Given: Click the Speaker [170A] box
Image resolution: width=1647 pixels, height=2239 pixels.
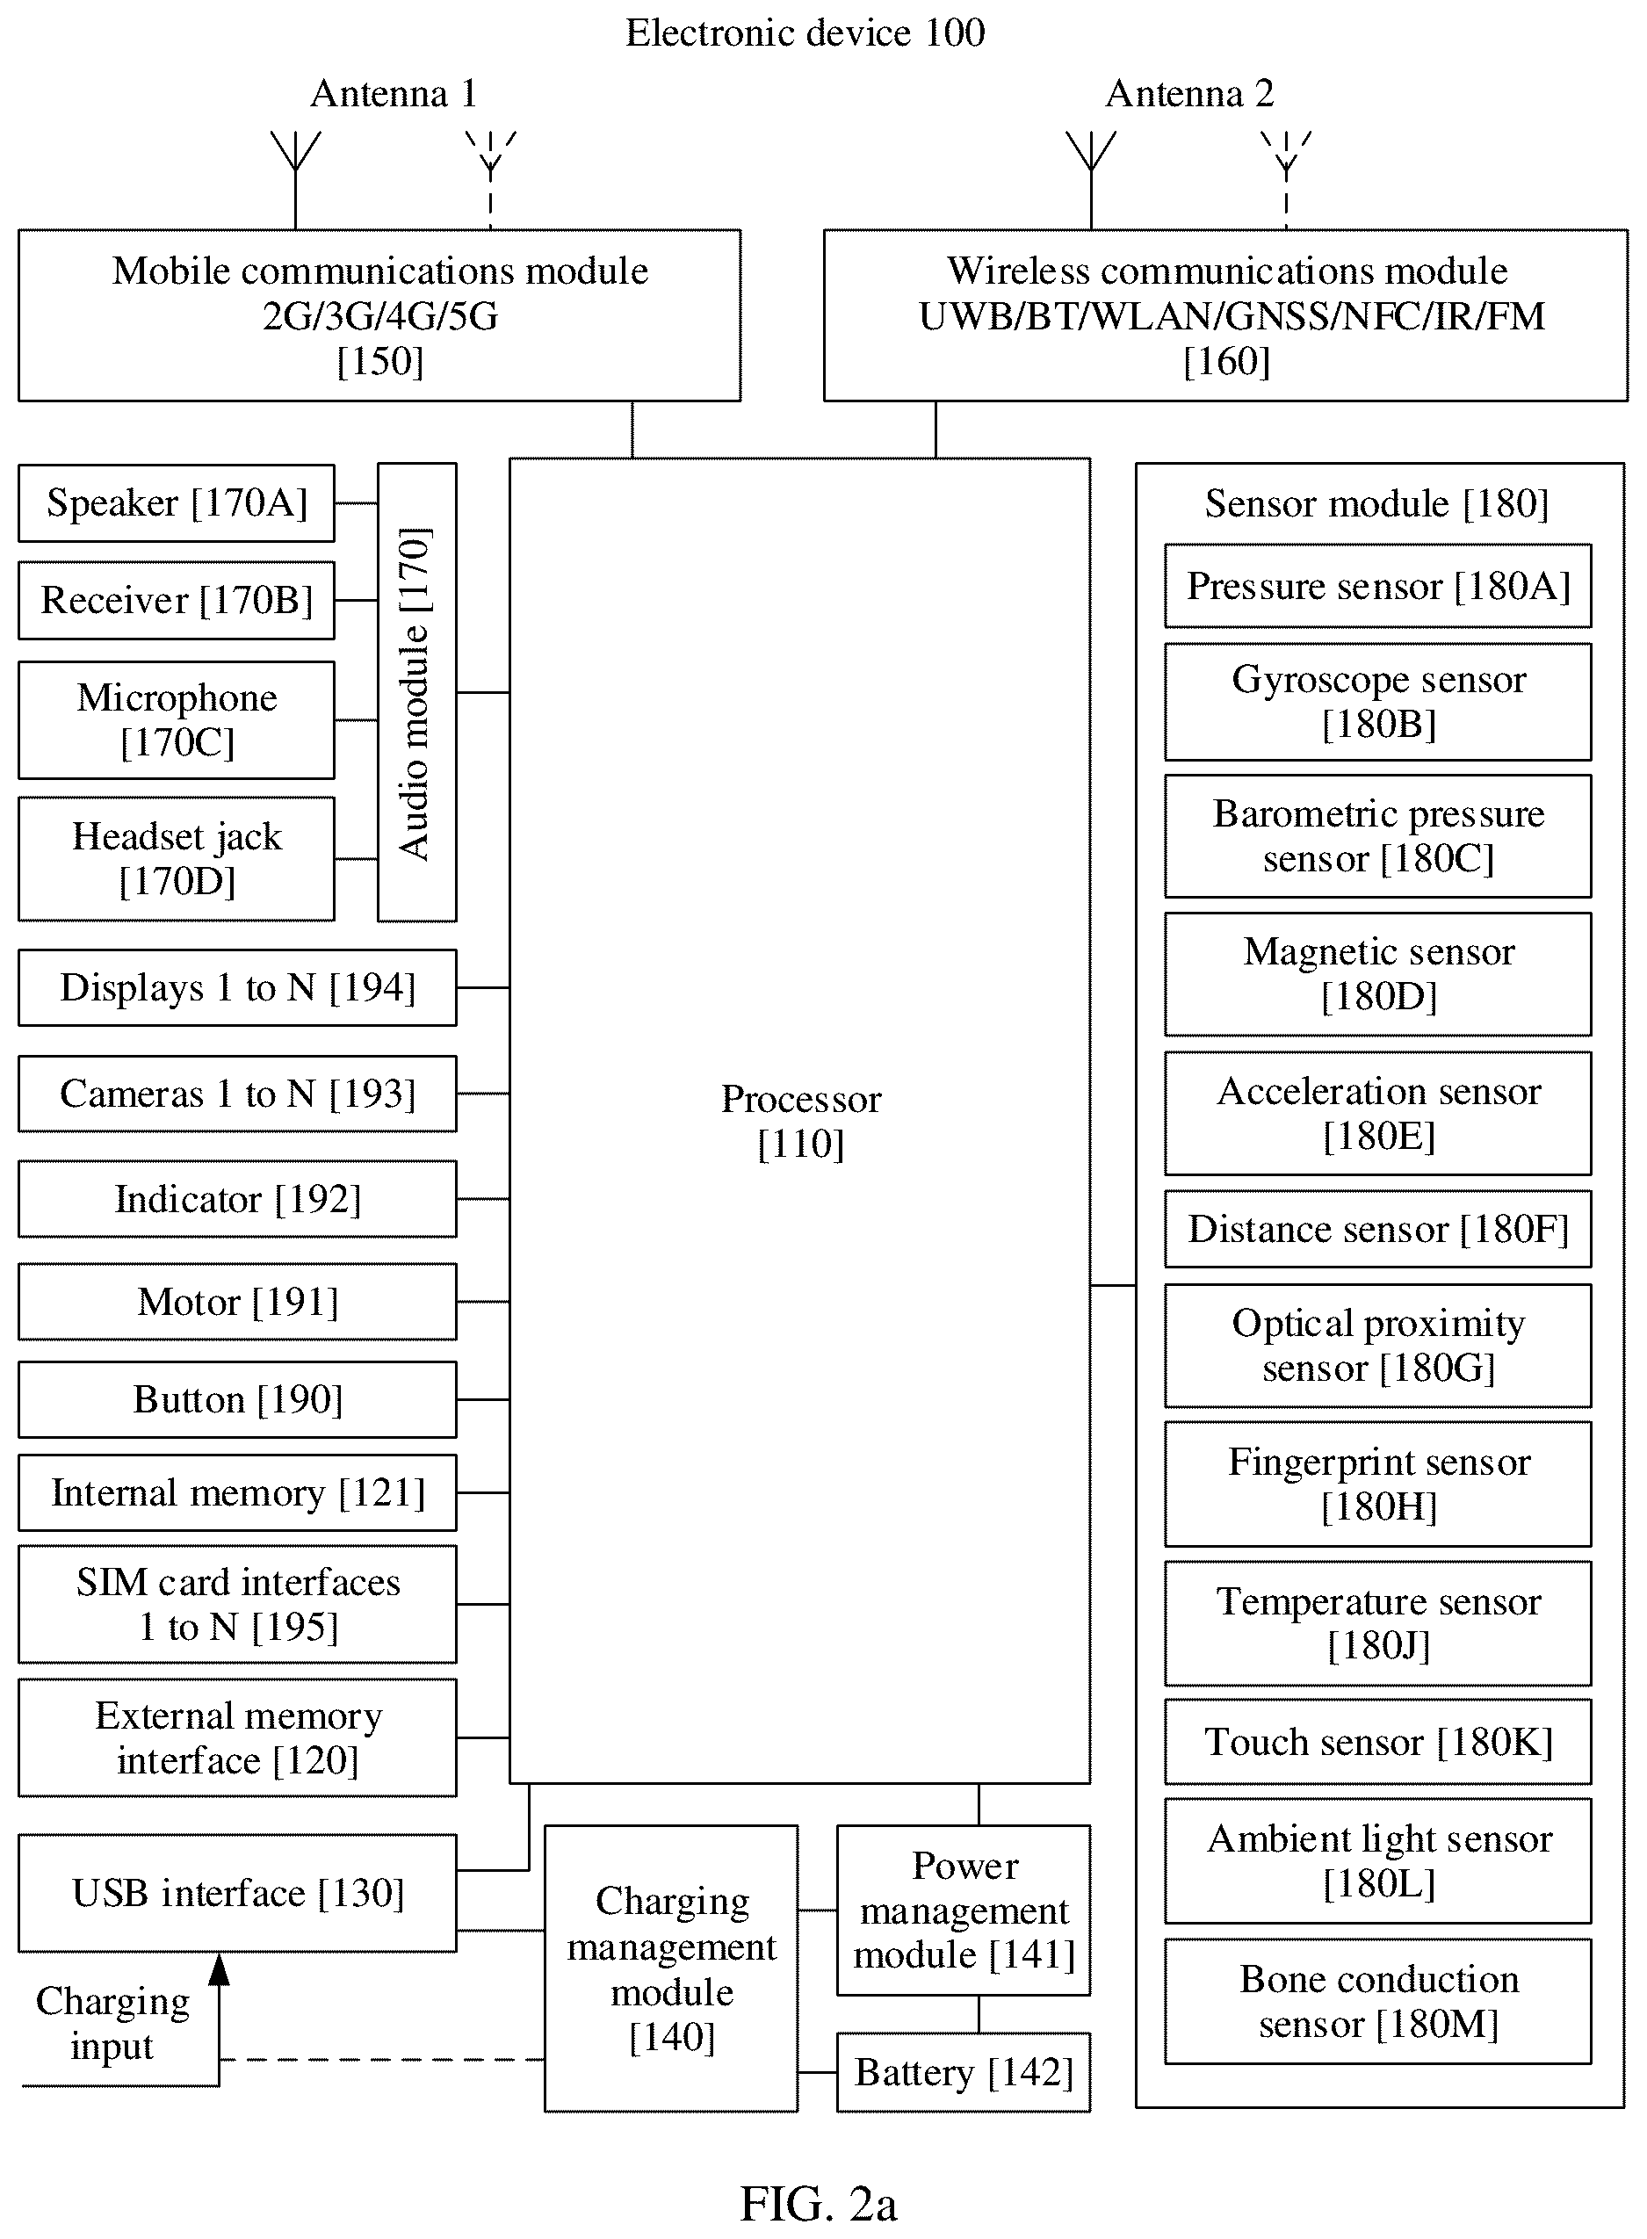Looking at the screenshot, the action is (177, 503).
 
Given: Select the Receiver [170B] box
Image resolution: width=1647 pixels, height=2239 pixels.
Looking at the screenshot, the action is (177, 600).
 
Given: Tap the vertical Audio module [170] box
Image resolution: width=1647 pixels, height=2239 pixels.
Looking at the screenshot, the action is (416, 692).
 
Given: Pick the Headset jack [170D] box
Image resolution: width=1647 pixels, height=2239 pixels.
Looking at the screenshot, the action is (177, 858).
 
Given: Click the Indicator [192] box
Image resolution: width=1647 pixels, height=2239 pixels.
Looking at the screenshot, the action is (237, 1198).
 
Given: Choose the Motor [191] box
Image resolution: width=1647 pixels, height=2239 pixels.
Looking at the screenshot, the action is (237, 1301).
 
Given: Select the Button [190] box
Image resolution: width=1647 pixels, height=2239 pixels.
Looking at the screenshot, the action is (237, 1399).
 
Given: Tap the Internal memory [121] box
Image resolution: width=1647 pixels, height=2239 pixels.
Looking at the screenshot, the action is (237, 1492).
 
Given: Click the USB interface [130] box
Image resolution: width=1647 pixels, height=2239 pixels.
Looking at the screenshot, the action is (237, 1893).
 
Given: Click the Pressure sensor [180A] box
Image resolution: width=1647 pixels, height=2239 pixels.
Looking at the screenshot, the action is (1378, 586).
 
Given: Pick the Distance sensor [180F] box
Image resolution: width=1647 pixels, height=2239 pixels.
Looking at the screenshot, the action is (1378, 1229).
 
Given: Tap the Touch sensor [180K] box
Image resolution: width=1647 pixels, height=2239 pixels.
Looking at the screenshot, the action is (1378, 1742).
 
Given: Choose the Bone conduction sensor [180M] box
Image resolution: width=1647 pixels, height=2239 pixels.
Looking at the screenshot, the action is (1378, 2001).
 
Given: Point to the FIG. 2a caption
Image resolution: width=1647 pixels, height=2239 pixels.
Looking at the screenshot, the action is (819, 2204).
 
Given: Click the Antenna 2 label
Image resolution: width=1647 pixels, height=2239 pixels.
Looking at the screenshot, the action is (1189, 94).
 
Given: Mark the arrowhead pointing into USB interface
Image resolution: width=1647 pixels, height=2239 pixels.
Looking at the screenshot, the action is (220, 1968).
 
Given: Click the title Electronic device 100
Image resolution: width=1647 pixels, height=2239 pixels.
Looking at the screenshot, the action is (805, 33).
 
